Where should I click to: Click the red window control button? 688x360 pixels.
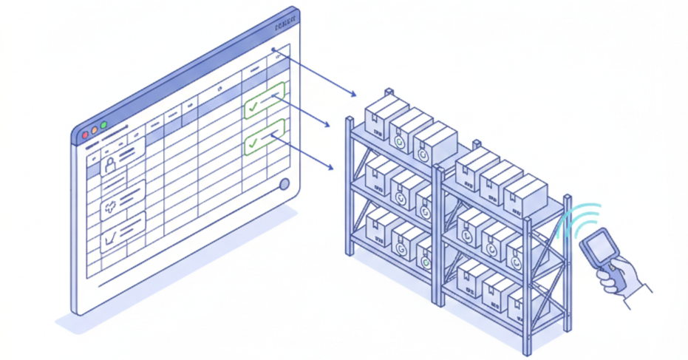click(86, 135)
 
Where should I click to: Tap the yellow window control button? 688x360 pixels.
click(95, 130)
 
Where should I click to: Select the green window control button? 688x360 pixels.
click(104, 125)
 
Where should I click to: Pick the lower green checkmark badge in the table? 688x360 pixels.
click(264, 137)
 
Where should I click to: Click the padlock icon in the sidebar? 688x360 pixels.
click(110, 163)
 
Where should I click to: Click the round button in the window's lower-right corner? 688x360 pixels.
click(285, 185)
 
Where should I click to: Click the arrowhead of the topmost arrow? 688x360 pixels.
click(354, 95)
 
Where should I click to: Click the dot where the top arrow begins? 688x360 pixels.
click(274, 52)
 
